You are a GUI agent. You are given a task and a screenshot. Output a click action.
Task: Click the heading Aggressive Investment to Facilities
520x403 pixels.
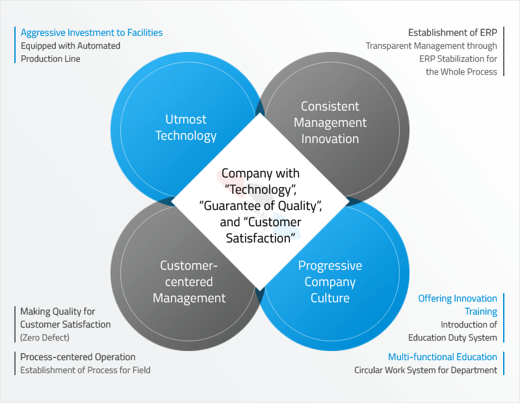click(x=92, y=33)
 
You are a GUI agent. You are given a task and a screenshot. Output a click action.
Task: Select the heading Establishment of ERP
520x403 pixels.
click(x=452, y=32)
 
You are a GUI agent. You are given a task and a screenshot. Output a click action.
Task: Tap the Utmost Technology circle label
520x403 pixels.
click(x=186, y=127)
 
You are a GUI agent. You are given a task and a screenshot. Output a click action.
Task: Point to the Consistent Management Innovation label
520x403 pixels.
click(x=330, y=122)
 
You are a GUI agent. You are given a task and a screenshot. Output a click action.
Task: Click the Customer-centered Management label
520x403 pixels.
click(x=189, y=281)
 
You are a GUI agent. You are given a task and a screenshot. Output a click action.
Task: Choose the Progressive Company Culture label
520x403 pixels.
click(x=330, y=281)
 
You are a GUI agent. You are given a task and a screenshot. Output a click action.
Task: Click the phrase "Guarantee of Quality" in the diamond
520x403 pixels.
click(x=261, y=205)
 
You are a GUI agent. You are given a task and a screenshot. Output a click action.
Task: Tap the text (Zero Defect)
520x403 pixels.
click(x=45, y=337)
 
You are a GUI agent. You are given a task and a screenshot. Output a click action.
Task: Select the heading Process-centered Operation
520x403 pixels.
click(x=77, y=357)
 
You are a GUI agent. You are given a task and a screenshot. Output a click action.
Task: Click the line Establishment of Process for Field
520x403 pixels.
click(x=85, y=370)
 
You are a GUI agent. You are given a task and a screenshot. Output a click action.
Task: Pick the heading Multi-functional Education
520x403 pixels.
click(x=443, y=357)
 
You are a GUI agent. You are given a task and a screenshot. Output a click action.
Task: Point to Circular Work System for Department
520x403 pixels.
click(x=426, y=370)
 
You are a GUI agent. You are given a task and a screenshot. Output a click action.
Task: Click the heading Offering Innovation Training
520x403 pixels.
click(x=458, y=305)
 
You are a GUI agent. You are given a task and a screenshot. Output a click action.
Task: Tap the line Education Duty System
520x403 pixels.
click(x=452, y=337)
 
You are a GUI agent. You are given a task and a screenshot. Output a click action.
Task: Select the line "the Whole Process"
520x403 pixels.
click(x=461, y=71)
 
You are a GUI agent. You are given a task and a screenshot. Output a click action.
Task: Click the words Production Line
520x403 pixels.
click(x=51, y=58)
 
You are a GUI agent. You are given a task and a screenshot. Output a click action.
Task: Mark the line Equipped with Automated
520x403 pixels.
click(x=70, y=45)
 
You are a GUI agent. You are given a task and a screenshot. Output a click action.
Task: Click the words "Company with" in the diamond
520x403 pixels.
click(x=261, y=173)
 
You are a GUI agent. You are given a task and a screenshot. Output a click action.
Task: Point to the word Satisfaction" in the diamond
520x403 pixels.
click(x=261, y=238)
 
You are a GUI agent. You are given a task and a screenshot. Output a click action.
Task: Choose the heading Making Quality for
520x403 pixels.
click(x=57, y=311)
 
